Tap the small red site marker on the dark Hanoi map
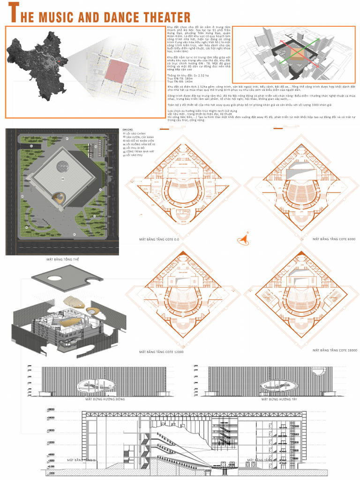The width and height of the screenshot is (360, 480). (x=58, y=60)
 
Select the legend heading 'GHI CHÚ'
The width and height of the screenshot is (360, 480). (x=127, y=129)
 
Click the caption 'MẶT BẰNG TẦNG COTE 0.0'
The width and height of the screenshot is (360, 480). (x=159, y=239)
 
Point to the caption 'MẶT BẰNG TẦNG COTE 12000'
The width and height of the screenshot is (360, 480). (x=161, y=352)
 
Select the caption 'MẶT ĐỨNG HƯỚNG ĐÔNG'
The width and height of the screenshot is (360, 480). (x=105, y=399)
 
